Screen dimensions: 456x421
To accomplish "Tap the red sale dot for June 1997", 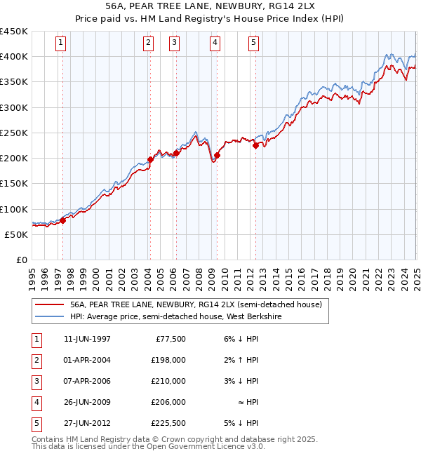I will tap(62, 220).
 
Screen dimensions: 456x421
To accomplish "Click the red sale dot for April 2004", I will tap(150, 160).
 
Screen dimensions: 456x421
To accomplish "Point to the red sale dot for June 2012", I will tap(255, 146).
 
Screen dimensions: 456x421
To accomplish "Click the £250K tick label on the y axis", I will tap(14, 133).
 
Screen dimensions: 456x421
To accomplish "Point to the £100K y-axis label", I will tap(14, 209).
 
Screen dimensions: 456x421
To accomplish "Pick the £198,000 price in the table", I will tap(168, 360).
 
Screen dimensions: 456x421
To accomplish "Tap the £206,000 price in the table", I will tap(168, 402).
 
